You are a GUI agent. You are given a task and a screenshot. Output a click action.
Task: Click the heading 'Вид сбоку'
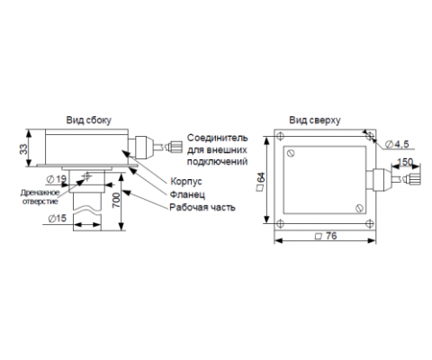(89, 121)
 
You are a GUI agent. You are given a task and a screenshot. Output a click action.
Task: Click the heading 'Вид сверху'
(315, 121)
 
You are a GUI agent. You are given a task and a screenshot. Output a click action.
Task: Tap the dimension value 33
(23, 149)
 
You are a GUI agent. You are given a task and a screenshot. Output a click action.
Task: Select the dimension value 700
(116, 200)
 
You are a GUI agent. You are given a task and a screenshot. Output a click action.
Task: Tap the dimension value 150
(405, 162)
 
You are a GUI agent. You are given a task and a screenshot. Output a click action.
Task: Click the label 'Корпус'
(186, 182)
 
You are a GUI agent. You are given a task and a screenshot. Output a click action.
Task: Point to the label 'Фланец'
(187, 194)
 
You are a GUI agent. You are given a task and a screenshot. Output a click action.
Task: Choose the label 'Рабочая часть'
(202, 207)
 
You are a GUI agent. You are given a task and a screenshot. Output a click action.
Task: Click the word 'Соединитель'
(218, 138)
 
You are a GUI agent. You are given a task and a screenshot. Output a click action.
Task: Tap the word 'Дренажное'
(40, 193)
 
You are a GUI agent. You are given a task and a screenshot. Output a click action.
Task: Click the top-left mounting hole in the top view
(280, 136)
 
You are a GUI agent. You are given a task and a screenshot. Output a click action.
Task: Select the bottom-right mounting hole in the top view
(370, 223)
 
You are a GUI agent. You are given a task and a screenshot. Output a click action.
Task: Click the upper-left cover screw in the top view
(291, 153)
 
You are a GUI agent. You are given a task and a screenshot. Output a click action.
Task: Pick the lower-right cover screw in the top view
(359, 208)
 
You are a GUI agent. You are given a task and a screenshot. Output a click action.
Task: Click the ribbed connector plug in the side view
(175, 147)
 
